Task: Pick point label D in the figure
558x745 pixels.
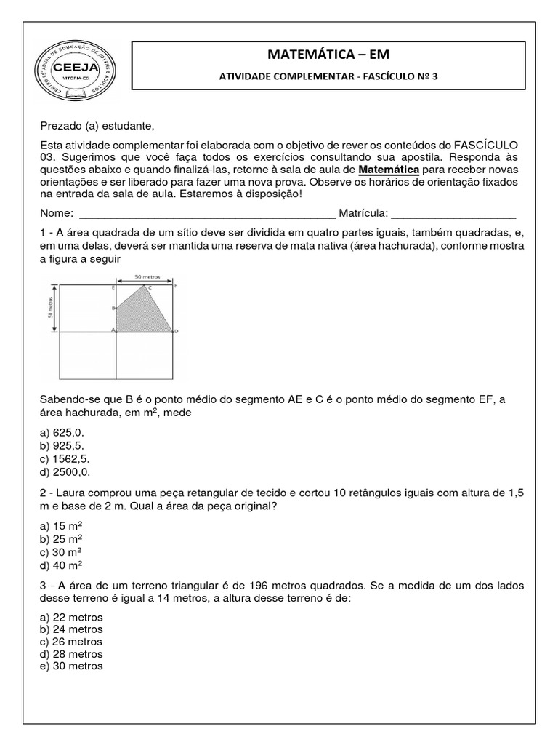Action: pyautogui.click(x=177, y=332)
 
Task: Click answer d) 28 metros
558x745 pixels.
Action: pyautogui.click(x=72, y=654)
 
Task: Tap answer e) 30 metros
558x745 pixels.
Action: pyautogui.click(x=72, y=666)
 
